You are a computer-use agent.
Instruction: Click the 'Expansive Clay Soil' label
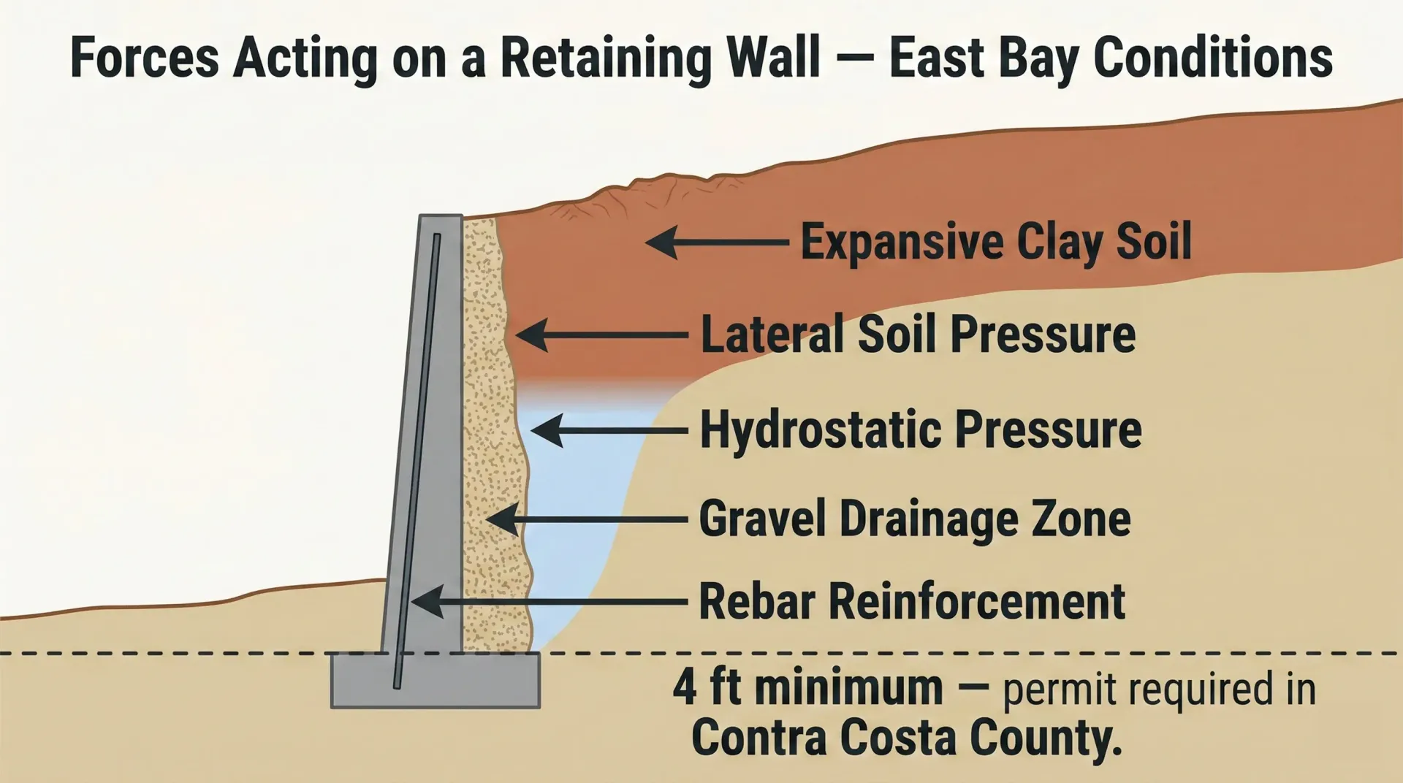tap(995, 242)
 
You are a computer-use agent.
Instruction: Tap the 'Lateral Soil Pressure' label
tap(918, 335)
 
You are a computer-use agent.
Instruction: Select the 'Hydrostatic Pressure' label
tap(920, 429)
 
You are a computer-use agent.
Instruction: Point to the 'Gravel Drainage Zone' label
tap(915, 519)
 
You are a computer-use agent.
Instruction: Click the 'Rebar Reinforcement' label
tap(911, 602)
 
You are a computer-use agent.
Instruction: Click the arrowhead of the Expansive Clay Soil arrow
tap(660, 242)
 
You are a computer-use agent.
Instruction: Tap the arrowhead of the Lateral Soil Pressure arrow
tap(531, 335)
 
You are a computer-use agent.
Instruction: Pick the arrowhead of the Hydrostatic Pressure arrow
tap(545, 430)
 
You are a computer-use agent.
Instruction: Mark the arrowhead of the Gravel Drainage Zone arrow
tap(501, 520)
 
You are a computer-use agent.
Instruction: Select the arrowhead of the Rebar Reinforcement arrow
tap(425, 601)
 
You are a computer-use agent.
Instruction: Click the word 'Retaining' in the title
tap(605, 58)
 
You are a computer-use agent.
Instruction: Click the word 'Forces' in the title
tap(144, 58)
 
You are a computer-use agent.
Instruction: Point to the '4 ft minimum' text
tap(807, 688)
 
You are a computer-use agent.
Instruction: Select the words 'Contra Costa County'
tap(906, 738)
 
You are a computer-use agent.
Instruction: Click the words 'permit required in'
tap(1159, 690)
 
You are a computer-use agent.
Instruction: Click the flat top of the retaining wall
tap(441, 217)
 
